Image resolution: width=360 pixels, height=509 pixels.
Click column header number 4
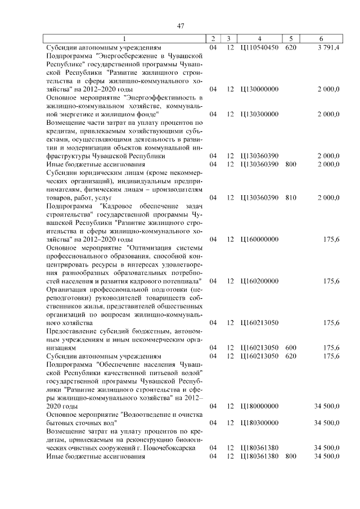pos(259,39)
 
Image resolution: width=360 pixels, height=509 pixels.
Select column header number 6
pos(321,39)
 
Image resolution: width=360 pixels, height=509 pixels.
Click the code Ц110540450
pos(259,48)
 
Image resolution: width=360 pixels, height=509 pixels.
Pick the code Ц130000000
pos(259,89)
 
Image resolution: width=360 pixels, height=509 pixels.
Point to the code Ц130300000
pos(259,114)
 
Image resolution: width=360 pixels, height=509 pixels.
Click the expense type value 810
pos(290,198)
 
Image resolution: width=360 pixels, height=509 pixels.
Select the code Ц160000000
pos(259,239)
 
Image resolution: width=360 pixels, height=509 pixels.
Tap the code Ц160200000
pos(259,281)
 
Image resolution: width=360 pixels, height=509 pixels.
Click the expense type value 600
pos(290,348)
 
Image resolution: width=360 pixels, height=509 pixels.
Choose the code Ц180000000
pos(259,406)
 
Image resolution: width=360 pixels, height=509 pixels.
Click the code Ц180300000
pos(259,422)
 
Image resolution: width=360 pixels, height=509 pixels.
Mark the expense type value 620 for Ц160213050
pos(290,356)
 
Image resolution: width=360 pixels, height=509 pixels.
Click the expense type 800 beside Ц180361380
pos(290,456)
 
